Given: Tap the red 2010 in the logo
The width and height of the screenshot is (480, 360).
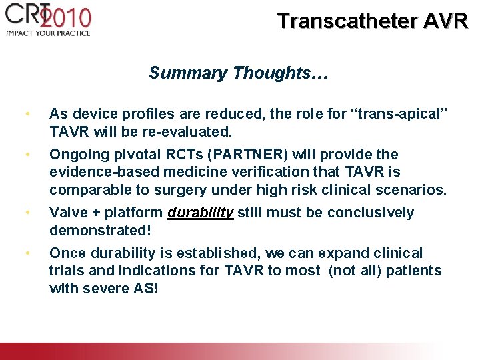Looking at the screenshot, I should click(x=64, y=17).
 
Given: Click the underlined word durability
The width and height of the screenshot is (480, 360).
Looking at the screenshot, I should click(x=201, y=213).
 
